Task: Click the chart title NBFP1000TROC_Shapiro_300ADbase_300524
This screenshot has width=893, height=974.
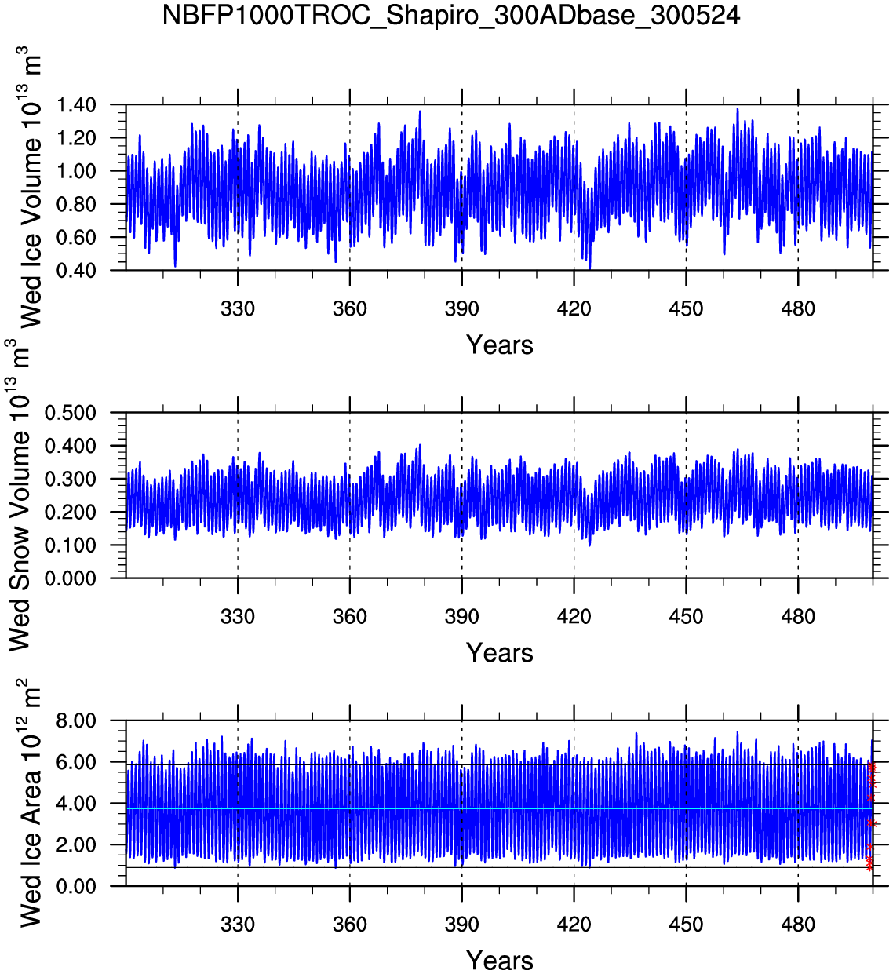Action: [450, 15]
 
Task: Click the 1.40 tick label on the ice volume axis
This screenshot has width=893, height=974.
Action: [76, 105]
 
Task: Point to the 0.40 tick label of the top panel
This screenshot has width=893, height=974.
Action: [76, 271]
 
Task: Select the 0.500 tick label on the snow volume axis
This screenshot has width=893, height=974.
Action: [70, 413]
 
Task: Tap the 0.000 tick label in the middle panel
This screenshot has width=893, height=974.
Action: [70, 578]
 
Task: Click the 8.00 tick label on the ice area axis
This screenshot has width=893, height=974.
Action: [76, 721]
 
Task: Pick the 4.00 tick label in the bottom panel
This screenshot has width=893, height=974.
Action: [76, 804]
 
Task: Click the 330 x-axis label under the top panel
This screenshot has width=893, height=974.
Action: [237, 309]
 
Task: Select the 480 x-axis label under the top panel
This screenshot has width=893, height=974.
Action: [797, 309]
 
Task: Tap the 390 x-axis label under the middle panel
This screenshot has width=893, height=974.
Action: [461, 617]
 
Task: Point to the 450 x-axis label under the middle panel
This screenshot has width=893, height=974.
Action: [686, 617]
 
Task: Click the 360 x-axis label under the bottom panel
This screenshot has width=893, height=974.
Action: [349, 925]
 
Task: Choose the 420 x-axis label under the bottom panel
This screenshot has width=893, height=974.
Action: [574, 925]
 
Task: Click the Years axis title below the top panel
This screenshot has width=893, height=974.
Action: [499, 345]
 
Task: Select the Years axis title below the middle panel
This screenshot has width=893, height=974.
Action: [499, 652]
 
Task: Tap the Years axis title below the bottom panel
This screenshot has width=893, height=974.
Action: [499, 960]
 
